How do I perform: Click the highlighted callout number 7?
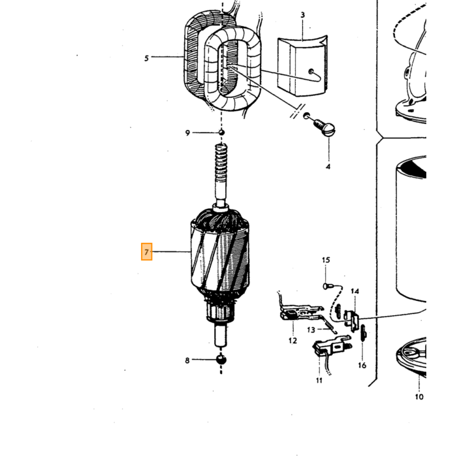(147, 251)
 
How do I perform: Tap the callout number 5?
(146, 58)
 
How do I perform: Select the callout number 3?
(303, 15)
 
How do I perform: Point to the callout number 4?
(328, 166)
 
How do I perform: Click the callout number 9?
(187, 133)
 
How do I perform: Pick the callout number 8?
(187, 360)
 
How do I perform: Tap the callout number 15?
(326, 260)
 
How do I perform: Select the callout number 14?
(355, 291)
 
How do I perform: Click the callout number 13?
(311, 330)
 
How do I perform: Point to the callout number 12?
(292, 340)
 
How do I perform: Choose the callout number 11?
(319, 381)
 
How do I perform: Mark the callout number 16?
(362, 365)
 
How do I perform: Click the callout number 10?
(419, 397)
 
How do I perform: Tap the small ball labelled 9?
(221, 133)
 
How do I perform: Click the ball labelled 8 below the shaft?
(221, 359)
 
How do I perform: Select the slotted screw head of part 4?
(328, 130)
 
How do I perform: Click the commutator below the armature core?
(221, 313)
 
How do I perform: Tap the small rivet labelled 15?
(326, 286)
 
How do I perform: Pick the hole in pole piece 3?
(311, 71)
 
